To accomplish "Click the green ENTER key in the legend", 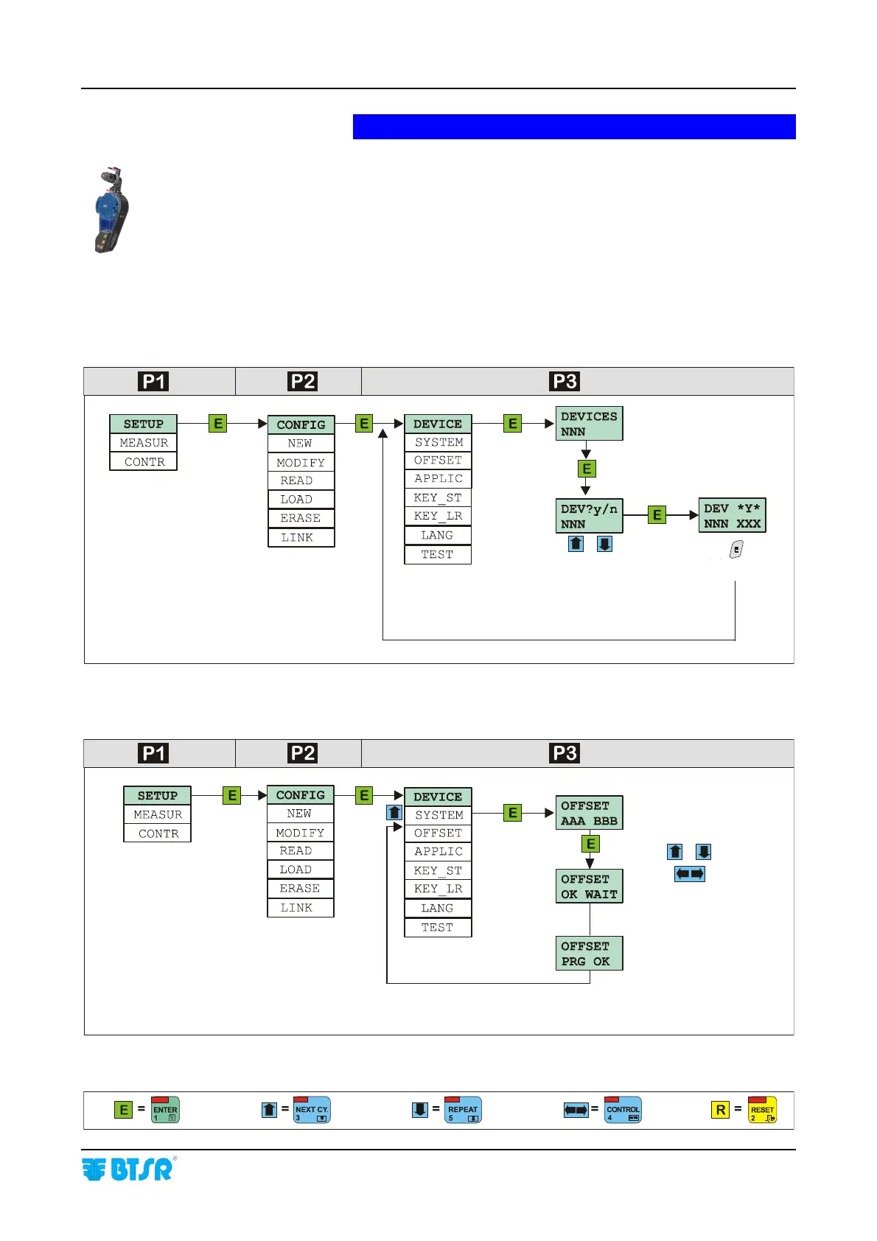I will coord(165,1110).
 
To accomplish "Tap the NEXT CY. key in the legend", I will coord(312,1110).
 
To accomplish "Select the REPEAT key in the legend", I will coord(463,1110).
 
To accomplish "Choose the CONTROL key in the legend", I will coord(623,1110).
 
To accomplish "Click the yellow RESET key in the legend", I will coord(762,1110).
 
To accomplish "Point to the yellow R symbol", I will coord(720,1110).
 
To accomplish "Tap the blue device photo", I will coord(112,211).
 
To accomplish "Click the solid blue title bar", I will coord(574,127).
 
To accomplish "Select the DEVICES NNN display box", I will coord(589,424).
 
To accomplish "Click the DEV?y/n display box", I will coord(589,516).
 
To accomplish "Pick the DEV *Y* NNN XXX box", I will coord(732,516).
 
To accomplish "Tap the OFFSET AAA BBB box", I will coord(589,813).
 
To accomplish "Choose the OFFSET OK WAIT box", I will coord(589,887).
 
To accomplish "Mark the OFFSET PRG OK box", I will coord(589,954).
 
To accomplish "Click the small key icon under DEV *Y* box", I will coord(736,550).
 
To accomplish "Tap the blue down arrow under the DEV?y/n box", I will coord(604,545).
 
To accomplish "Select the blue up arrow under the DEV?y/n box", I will coord(576,545).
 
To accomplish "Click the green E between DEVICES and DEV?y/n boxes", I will coord(587,469).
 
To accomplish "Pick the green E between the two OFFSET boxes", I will coord(590,844).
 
